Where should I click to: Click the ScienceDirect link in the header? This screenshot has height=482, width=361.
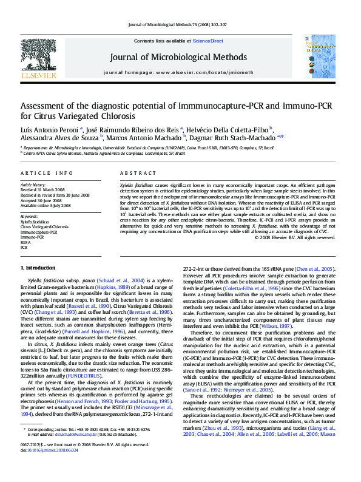[x=207, y=41]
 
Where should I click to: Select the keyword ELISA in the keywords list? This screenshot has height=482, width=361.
[x=26, y=242]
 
